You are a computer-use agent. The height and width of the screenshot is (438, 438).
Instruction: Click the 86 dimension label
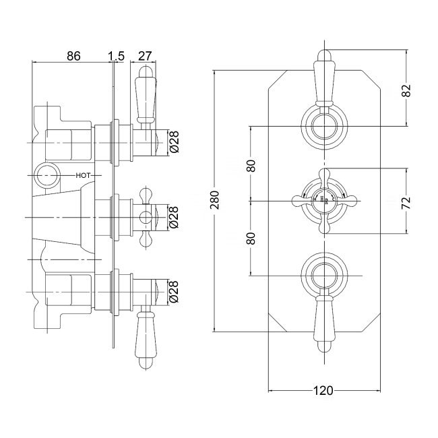[74, 56]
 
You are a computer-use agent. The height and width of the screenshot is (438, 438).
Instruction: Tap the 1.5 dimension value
[116, 56]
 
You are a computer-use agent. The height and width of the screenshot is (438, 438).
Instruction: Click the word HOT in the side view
[84, 175]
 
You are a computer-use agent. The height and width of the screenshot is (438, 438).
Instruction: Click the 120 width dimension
[325, 391]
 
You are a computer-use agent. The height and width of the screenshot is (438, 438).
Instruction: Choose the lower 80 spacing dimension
[251, 238]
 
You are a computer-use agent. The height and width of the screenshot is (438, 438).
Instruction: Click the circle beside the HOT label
[46, 175]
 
